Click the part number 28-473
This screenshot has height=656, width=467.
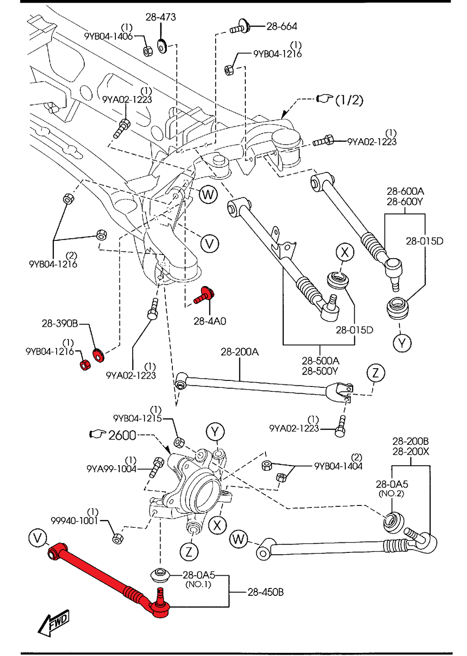pyautogui.click(x=161, y=17)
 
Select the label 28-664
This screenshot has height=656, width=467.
pyautogui.click(x=281, y=26)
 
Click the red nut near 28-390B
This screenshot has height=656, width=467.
pyautogui.click(x=85, y=364)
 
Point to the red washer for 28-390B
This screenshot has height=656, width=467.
pyautogui.click(x=98, y=354)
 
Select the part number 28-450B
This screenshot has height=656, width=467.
pyautogui.click(x=265, y=592)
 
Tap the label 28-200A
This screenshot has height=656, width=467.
pyautogui.click(x=239, y=352)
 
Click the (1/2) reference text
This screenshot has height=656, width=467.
pyautogui.click(x=349, y=100)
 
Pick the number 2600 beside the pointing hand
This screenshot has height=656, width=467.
pyautogui.click(x=122, y=435)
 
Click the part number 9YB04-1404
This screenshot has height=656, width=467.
pyautogui.click(x=338, y=466)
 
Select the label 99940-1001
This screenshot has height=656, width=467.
pyautogui.click(x=74, y=521)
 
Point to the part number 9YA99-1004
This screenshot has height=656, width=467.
pyautogui.click(x=111, y=469)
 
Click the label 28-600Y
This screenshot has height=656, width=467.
pyautogui.click(x=405, y=202)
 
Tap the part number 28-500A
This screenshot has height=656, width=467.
pyautogui.click(x=320, y=361)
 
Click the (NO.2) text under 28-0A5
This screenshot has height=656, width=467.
pyautogui.click(x=391, y=494)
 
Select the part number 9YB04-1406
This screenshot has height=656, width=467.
pyautogui.click(x=108, y=36)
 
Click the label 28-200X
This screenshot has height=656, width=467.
pyautogui.click(x=410, y=451)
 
